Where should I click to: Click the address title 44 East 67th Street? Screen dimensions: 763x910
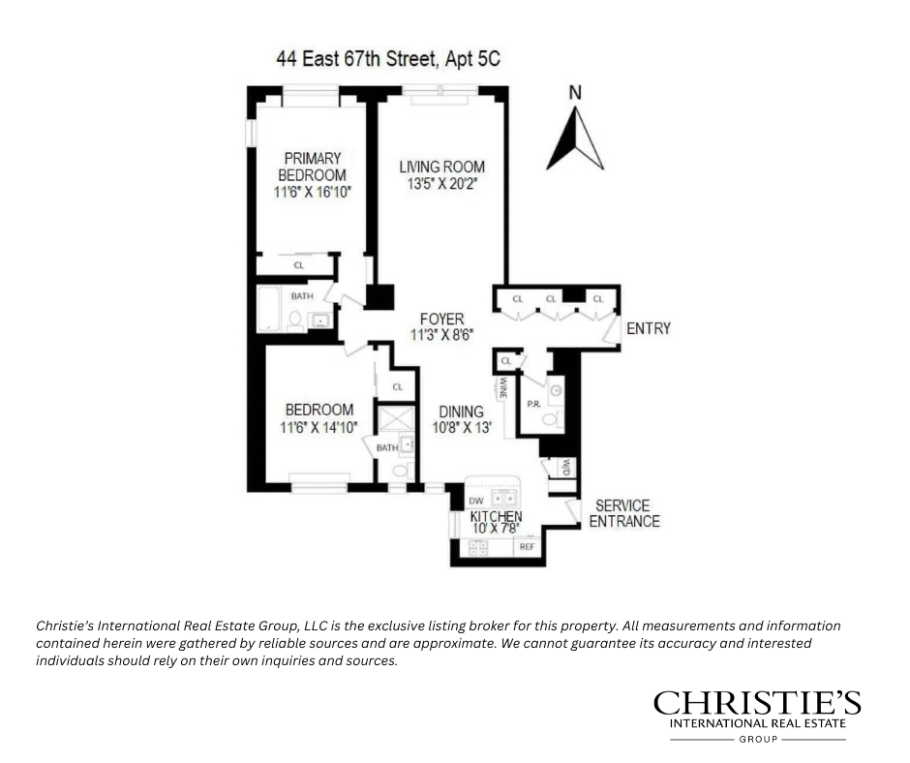coord(388,60)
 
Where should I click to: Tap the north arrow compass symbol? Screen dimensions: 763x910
coord(575,137)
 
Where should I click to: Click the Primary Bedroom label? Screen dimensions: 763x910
coord(312,167)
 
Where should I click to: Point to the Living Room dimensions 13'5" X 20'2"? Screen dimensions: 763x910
coord(441,183)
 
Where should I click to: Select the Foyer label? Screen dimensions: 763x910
coord(441,319)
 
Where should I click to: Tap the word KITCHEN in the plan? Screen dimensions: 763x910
coord(496,517)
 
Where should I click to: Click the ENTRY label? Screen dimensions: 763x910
coord(648,329)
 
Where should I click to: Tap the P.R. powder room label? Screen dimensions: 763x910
coord(532,403)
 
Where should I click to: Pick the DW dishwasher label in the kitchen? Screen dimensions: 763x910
coord(475,501)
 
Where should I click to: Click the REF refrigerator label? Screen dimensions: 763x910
coord(527,547)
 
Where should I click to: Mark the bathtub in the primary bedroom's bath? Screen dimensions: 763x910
coord(270,308)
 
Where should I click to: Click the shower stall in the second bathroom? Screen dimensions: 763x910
coord(394,418)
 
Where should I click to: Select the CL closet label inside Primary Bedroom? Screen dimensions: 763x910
coord(298,265)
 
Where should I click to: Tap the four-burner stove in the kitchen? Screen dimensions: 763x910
coord(477,547)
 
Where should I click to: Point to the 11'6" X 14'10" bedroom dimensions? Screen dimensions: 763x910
coord(318,427)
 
